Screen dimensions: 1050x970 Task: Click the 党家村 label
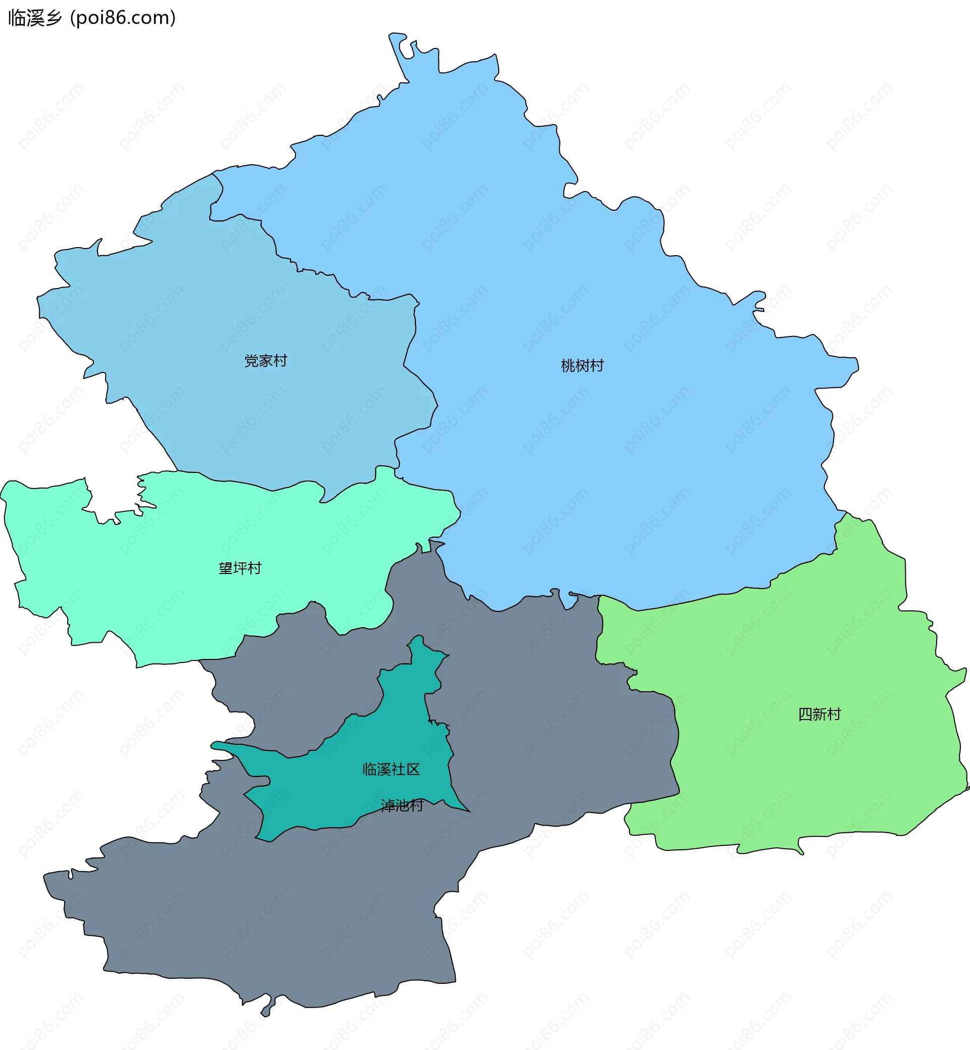pos(266,361)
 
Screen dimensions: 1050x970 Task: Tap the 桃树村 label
pos(582,365)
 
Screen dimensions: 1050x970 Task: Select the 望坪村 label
pos(240,568)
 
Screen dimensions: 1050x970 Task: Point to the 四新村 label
pos(819,714)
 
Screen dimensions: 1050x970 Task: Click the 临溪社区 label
pos(391,769)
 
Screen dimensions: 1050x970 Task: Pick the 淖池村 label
pos(402,805)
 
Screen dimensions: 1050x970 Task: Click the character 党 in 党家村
pos(252,361)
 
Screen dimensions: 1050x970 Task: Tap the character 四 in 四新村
pos(805,714)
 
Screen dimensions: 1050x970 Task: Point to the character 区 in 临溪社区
pos(413,769)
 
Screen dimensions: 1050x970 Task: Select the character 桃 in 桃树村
pos(568,365)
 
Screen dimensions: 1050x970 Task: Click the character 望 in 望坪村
pos(226,568)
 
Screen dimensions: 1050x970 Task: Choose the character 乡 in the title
pos(54,18)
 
